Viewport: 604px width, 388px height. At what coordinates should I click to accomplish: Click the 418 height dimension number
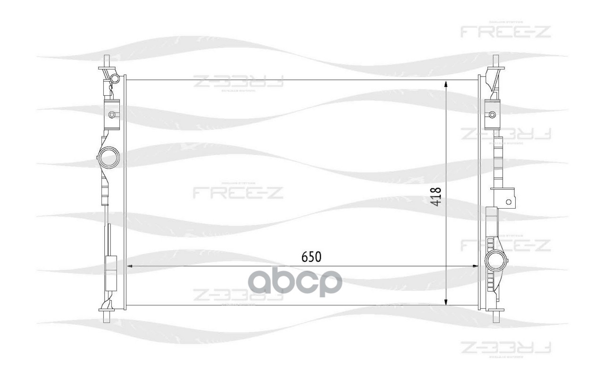pyautogui.click(x=436, y=196)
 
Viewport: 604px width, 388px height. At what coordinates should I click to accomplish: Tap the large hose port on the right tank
pyautogui.click(x=495, y=261)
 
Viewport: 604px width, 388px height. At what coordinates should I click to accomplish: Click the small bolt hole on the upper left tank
pyautogui.click(x=112, y=115)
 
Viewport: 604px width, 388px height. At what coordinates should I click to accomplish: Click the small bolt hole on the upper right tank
pyautogui.click(x=492, y=114)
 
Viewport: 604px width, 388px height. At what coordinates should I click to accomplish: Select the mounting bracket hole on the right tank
pyautogui.click(x=508, y=202)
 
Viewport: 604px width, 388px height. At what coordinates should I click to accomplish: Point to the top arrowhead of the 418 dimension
pyautogui.click(x=446, y=84)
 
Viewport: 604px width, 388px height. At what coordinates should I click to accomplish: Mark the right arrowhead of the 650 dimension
pyautogui.click(x=474, y=267)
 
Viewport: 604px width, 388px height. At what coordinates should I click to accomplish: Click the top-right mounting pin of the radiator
pyautogui.click(x=496, y=60)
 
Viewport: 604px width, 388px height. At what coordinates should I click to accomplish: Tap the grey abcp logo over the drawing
pyautogui.click(x=295, y=283)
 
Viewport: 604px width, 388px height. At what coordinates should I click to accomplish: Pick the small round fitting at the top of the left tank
pyautogui.click(x=114, y=78)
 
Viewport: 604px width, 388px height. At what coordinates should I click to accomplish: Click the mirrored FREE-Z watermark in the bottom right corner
pyautogui.click(x=505, y=347)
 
